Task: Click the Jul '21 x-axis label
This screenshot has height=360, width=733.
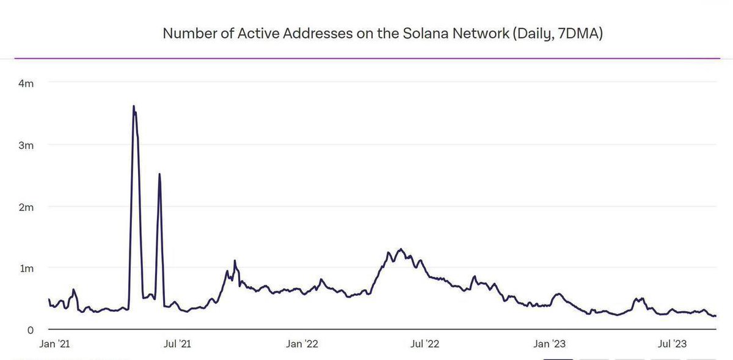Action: pyautogui.click(x=178, y=344)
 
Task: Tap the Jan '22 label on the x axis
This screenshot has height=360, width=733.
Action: pyautogui.click(x=302, y=344)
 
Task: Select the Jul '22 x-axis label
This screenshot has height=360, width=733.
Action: pyautogui.click(x=425, y=344)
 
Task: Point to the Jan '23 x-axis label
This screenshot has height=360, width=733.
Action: pyautogui.click(x=550, y=344)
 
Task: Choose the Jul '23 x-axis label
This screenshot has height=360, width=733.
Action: pyautogui.click(x=673, y=344)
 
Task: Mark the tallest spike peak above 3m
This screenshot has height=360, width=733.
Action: pyautogui.click(x=133, y=106)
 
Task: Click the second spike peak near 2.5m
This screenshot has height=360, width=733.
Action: pyautogui.click(x=159, y=174)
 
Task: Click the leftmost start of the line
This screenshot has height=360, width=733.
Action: pyautogui.click(x=49, y=299)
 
